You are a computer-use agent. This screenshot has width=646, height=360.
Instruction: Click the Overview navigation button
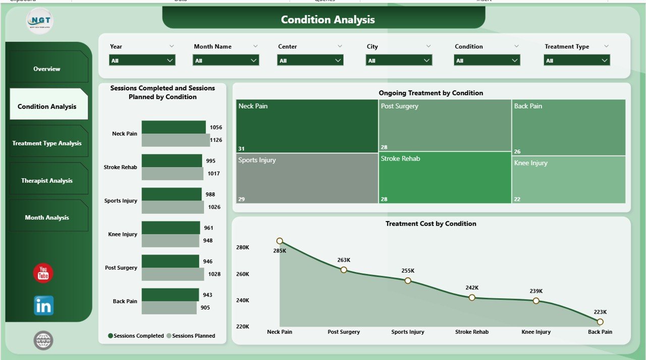point(47,69)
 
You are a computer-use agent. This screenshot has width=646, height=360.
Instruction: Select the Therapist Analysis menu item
point(47,180)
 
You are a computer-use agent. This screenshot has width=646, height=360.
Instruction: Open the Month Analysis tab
point(47,218)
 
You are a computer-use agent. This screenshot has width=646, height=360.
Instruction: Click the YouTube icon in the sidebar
point(43,273)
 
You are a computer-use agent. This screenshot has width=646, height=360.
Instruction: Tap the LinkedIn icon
point(43,305)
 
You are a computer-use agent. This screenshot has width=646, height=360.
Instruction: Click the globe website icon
point(43,340)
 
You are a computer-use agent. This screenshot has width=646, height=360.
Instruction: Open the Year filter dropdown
point(142,61)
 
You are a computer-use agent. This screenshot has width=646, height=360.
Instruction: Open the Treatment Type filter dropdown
point(577,61)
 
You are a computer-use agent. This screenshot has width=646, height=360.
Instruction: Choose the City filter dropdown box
point(399,61)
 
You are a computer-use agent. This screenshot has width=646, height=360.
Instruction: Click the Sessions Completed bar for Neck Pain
point(174,127)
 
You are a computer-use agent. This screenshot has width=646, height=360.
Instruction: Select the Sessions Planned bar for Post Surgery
point(173,274)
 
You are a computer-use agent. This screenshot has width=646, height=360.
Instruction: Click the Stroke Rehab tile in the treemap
point(444,178)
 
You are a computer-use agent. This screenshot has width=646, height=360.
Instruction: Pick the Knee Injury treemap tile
point(568,180)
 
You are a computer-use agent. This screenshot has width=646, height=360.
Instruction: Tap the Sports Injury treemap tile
point(307,178)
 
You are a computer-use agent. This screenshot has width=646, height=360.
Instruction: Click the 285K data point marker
point(280,241)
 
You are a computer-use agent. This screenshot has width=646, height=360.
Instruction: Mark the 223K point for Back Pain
point(600,322)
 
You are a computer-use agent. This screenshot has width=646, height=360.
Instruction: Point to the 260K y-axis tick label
point(242,274)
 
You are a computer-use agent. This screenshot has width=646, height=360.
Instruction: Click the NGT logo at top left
point(39,21)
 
